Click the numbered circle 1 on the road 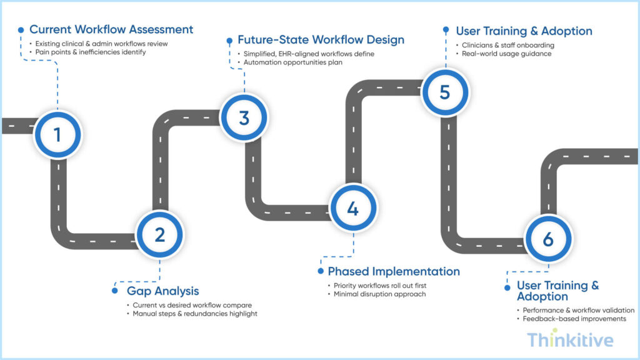pos(57,134)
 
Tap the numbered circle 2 pos(160,234)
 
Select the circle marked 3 pos(244,117)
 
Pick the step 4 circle pos(352,209)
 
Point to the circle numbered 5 pos(444,91)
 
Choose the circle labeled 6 pos(547,239)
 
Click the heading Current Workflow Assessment pos(111,29)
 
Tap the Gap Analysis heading pos(163,291)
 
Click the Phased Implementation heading pos(394,271)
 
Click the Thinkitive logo pos(569,340)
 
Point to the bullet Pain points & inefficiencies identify pos(91,52)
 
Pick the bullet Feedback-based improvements pos(574,319)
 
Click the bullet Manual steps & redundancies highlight pos(195,314)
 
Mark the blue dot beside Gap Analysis pos(114,291)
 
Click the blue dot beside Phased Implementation pos(320,271)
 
